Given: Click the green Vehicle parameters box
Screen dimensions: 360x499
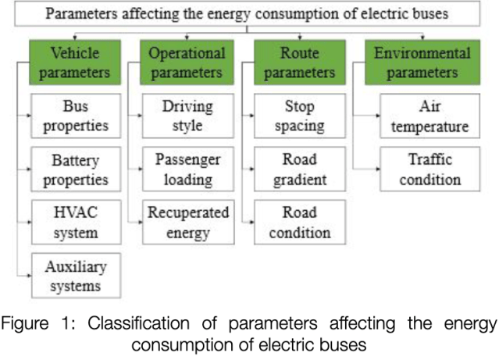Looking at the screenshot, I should click(x=76, y=62).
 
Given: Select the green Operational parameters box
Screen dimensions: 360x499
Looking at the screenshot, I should click(x=187, y=62).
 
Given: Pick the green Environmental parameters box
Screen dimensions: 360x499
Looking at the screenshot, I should click(x=422, y=62).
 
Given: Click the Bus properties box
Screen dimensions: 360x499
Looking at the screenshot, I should click(x=76, y=116).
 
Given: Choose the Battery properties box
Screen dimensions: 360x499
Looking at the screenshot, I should click(x=76, y=169).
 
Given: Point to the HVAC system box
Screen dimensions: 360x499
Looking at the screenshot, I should click(x=76, y=222).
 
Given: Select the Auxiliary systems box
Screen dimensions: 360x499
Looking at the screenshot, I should click(x=76, y=275).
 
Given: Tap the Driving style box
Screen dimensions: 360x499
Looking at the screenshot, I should click(x=187, y=116).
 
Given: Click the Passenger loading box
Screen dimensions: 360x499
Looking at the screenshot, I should click(x=187, y=169).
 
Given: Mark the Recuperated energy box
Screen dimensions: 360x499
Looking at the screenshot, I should click(x=187, y=222).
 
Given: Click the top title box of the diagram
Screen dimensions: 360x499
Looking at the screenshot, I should click(x=248, y=14).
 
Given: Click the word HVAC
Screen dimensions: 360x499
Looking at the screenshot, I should click(x=76, y=212).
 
